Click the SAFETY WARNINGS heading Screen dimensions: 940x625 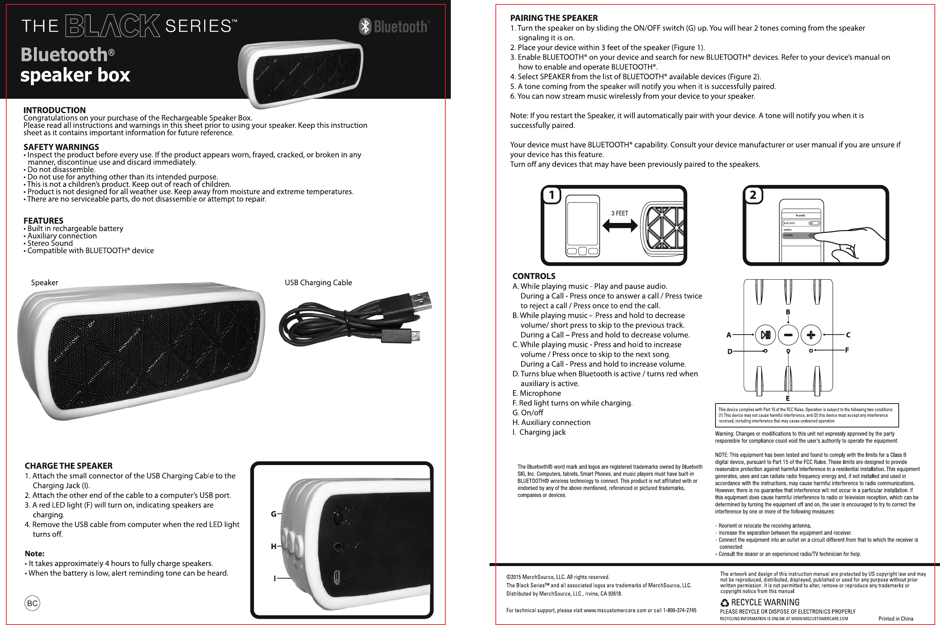[x=61, y=147]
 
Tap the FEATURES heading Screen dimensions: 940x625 [x=43, y=220]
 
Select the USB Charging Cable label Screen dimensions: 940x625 [x=318, y=283]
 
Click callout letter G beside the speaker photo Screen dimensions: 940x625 [x=274, y=514]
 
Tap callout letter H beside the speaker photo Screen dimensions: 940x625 [x=274, y=547]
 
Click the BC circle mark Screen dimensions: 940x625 [x=32, y=603]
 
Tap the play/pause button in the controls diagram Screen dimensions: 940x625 [x=765, y=335]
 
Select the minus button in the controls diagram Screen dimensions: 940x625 [x=788, y=335]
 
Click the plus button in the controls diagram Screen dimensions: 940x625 [x=811, y=335]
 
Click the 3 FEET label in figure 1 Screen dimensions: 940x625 [x=620, y=213]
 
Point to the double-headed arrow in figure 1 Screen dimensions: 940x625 [x=620, y=226]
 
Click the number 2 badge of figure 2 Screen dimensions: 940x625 [x=753, y=195]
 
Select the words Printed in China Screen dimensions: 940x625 [x=896, y=619]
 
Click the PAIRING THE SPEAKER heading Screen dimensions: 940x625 [x=554, y=18]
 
